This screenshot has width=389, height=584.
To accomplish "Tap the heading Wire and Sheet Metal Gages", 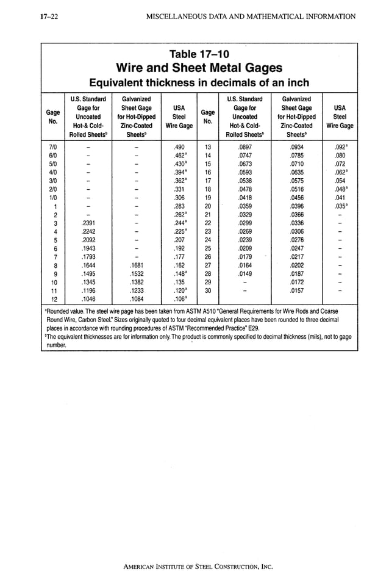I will pyautogui.click(x=198, y=68).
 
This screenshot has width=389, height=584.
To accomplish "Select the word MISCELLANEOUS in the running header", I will pyautogui.click(x=181, y=15).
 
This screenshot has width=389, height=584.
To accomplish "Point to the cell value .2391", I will pyautogui.click(x=88, y=223).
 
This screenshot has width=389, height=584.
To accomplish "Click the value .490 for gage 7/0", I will pyautogui.click(x=179, y=147).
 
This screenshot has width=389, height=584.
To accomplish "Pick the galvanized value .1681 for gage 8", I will pyautogui.click(x=137, y=266).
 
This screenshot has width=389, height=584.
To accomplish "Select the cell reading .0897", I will pyautogui.click(x=244, y=147).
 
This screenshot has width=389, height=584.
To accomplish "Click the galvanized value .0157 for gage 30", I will pyautogui.click(x=296, y=291).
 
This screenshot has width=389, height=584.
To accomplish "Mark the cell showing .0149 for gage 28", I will pyautogui.click(x=244, y=274).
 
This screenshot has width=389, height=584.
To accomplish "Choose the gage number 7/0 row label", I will pyautogui.click(x=53, y=147).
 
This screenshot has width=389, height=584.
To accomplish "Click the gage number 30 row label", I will pyautogui.click(x=207, y=291).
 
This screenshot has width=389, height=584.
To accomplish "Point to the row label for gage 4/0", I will pyautogui.click(x=53, y=173).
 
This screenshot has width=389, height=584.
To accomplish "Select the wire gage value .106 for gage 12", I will pyautogui.click(x=180, y=300).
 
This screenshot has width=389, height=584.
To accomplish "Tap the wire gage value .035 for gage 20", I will pyautogui.click(x=340, y=206).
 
